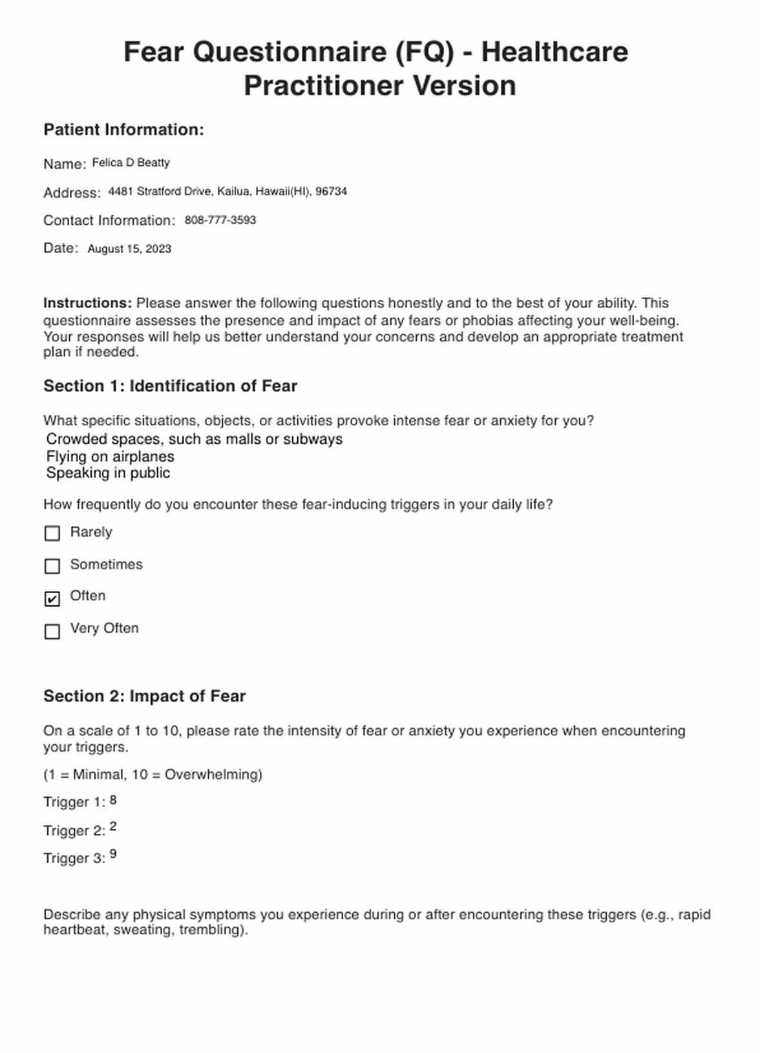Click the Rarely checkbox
click(52, 533)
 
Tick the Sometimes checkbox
click(52, 566)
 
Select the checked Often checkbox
click(52, 599)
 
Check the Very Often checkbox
click(52, 631)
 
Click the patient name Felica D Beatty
click(131, 163)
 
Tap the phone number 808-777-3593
click(220, 220)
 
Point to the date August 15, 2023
click(129, 249)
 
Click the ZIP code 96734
click(331, 191)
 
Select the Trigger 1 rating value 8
click(113, 800)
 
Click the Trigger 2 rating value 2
click(113, 827)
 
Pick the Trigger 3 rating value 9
click(113, 854)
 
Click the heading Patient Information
click(123, 130)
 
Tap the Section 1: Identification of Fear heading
click(170, 386)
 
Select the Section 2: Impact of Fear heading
click(144, 696)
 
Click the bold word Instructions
click(87, 303)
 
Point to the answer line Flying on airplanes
click(110, 456)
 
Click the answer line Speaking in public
click(108, 473)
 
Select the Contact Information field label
click(109, 220)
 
